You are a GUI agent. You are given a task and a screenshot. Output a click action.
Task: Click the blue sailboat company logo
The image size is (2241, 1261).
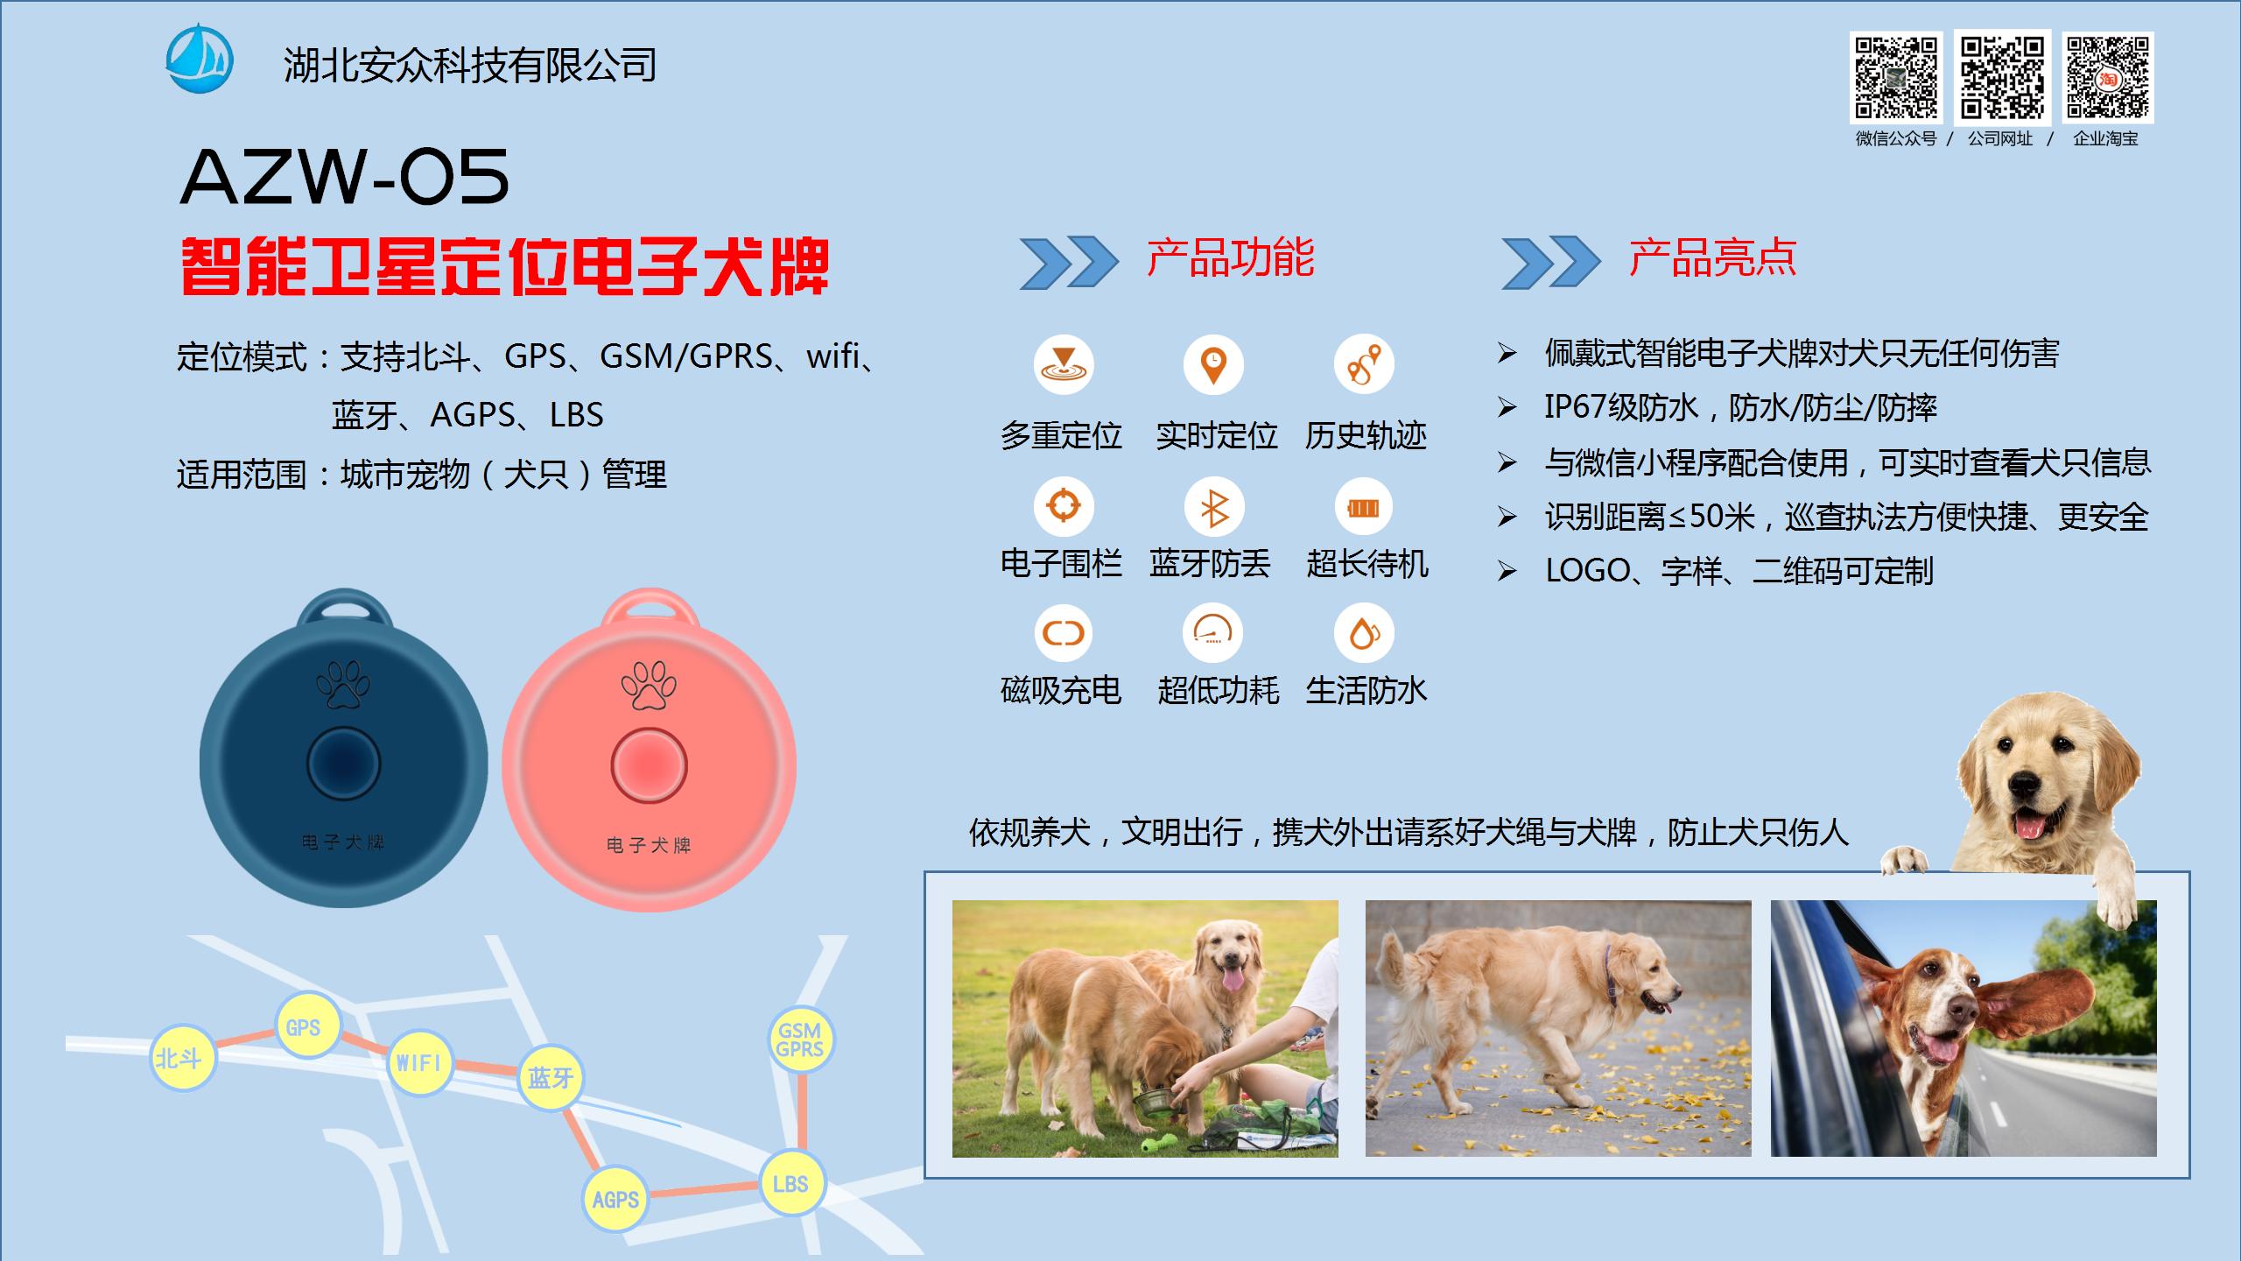pos(200,59)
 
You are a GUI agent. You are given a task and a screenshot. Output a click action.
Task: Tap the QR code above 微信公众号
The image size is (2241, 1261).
pos(1895,77)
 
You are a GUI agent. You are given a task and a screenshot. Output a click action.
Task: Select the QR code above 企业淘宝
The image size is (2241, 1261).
pos(2108,77)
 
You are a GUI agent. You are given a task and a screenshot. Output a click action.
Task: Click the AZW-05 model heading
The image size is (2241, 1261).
pos(344,177)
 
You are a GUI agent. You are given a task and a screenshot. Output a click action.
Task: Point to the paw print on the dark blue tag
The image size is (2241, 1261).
pos(343,684)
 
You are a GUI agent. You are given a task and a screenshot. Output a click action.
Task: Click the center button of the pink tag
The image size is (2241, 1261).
pos(649,765)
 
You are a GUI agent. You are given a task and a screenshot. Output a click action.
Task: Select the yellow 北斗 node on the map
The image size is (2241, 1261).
pos(181,1059)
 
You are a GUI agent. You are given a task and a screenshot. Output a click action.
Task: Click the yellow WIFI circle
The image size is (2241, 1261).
pos(419,1062)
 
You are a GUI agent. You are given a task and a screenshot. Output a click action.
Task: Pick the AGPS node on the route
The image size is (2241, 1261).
pos(615,1199)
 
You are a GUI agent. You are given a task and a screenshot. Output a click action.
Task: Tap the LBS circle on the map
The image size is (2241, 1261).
pos(790,1184)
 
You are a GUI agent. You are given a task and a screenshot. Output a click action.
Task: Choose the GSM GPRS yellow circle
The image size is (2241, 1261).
pos(800,1039)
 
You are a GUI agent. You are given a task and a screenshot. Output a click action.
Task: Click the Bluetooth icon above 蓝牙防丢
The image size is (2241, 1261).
pos(1213,507)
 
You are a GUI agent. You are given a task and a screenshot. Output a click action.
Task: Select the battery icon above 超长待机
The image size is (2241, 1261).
pos(1363,507)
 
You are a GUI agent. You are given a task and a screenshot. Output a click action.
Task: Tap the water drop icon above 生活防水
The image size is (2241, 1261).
pos(1363,633)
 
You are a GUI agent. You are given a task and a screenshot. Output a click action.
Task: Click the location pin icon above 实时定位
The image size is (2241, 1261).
pos(1213,363)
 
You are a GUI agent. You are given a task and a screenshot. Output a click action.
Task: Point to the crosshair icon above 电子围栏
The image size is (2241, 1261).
pos(1064,505)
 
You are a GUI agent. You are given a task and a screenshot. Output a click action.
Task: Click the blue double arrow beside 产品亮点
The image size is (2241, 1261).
pos(1550,262)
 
